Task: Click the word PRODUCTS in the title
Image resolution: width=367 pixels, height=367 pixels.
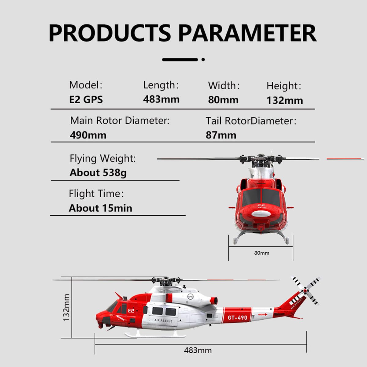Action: click(110, 33)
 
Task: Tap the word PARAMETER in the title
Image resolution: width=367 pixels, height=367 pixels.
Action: click(247, 33)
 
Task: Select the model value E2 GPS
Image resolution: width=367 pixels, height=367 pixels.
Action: click(86, 100)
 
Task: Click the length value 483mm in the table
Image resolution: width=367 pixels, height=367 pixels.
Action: click(161, 99)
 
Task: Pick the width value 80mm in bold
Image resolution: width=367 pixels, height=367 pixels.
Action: click(223, 100)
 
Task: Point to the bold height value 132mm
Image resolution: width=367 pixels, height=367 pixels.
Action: click(285, 100)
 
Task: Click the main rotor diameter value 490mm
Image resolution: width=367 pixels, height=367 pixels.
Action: click(88, 135)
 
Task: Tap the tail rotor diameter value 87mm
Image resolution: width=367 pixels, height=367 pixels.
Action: click(221, 135)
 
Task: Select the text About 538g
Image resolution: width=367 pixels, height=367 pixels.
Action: click(98, 173)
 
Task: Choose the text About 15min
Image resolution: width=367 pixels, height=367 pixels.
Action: click(100, 208)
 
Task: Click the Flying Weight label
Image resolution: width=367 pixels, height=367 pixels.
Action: click(103, 158)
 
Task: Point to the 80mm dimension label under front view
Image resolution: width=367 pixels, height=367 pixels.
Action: click(262, 253)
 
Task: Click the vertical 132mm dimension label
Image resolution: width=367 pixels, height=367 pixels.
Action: click(66, 308)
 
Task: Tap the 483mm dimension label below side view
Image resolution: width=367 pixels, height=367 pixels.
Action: click(198, 350)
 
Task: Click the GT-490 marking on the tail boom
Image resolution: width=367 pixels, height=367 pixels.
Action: click(237, 318)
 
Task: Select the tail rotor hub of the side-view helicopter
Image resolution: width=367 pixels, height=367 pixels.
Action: click(305, 291)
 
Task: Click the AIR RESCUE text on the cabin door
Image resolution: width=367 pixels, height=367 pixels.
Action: click(163, 321)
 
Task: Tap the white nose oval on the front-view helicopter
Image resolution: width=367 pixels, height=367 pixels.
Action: click(261, 214)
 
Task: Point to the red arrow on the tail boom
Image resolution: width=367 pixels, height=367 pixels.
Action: click(263, 314)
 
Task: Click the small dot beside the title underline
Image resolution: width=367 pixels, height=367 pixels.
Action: click(203, 60)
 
